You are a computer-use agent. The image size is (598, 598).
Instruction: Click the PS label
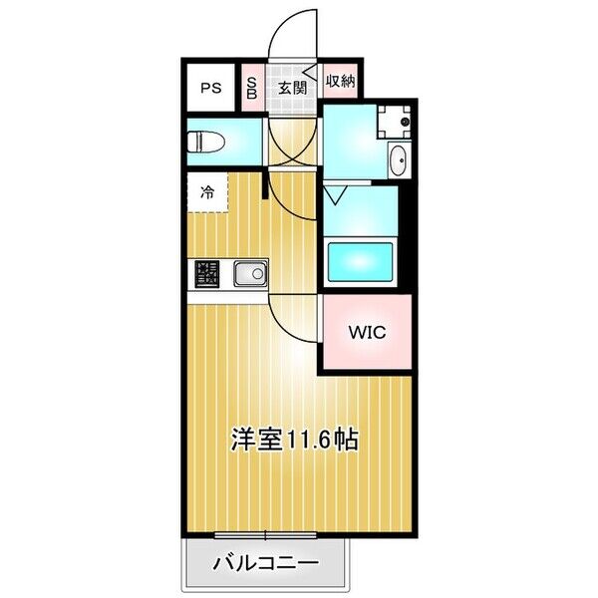(x=210, y=88)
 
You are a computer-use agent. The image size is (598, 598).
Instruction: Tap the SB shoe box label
(x=251, y=87)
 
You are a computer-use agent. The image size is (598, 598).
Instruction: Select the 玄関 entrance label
(x=291, y=87)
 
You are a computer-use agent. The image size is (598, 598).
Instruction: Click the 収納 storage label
(x=340, y=82)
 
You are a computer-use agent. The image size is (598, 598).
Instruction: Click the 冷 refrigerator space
(x=207, y=193)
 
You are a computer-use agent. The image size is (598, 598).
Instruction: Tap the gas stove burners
(x=206, y=272)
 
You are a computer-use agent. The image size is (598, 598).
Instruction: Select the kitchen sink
(x=249, y=272)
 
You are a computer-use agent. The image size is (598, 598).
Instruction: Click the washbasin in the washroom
(x=397, y=159)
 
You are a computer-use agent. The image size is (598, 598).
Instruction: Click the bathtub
(x=361, y=262)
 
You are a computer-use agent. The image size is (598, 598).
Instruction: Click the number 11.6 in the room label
(x=310, y=438)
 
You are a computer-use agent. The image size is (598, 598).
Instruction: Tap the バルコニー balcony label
(x=266, y=564)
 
